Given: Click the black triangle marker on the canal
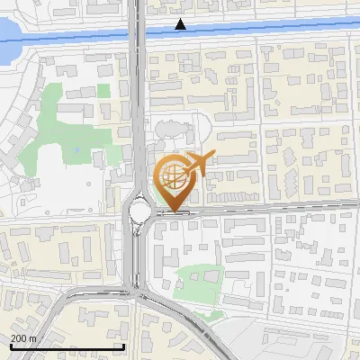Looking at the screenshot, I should pos(181,24).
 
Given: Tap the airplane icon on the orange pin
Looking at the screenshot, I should pos(197,165).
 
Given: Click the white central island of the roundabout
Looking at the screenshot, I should pos(140,212).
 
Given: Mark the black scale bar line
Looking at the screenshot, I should pos(67,347).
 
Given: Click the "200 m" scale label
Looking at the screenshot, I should pos(23,338).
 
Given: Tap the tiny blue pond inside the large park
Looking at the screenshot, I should pos(77,149).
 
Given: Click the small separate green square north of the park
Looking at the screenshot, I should pos(104,91).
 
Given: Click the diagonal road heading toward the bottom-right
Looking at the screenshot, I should pos(193,324).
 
